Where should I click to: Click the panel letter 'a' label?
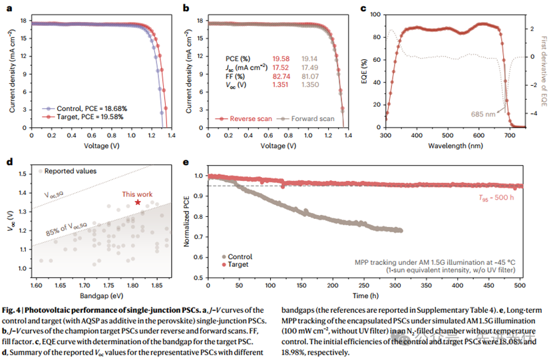pos(8,8)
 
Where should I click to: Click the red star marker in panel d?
pos(138,202)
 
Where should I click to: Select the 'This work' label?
pos(137,194)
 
